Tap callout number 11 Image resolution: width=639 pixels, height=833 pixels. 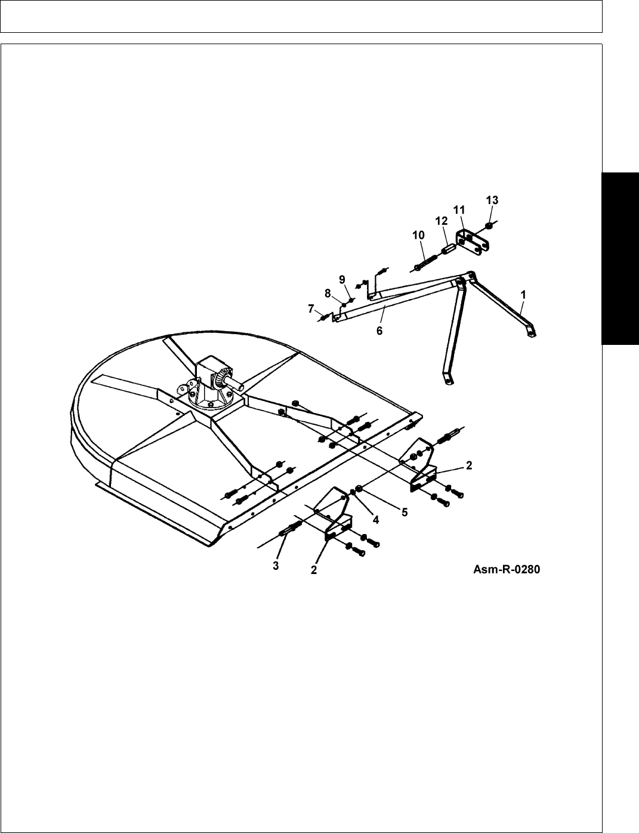[459, 210]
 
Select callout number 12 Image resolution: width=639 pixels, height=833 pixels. [442, 221]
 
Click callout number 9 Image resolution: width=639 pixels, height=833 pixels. [342, 279]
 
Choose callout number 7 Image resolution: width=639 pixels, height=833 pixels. [311, 308]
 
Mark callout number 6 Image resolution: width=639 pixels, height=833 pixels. [379, 330]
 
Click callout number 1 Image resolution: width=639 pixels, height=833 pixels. [523, 294]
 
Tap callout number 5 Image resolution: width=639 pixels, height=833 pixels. [405, 511]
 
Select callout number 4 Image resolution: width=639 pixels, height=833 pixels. [376, 519]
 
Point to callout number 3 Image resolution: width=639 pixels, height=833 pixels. [276, 566]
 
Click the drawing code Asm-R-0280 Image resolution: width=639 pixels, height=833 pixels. [507, 570]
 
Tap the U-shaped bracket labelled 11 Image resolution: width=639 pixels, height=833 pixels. [473, 243]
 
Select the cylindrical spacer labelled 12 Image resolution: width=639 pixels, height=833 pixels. [447, 246]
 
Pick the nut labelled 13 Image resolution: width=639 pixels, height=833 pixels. [489, 226]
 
